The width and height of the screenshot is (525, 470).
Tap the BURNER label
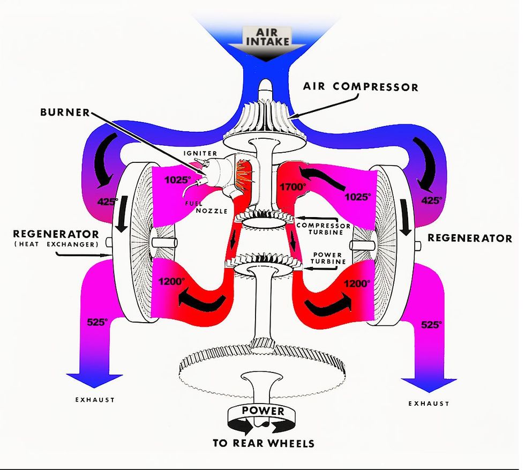(65, 113)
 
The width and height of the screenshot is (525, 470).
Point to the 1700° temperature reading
(294, 186)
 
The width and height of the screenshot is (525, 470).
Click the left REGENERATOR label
(56, 234)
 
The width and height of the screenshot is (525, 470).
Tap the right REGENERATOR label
(469, 238)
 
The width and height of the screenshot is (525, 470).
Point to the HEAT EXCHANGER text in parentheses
(56, 244)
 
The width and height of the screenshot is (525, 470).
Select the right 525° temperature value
(432, 324)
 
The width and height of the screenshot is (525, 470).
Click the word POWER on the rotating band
(263, 411)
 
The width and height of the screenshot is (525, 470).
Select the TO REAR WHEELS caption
(263, 443)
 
